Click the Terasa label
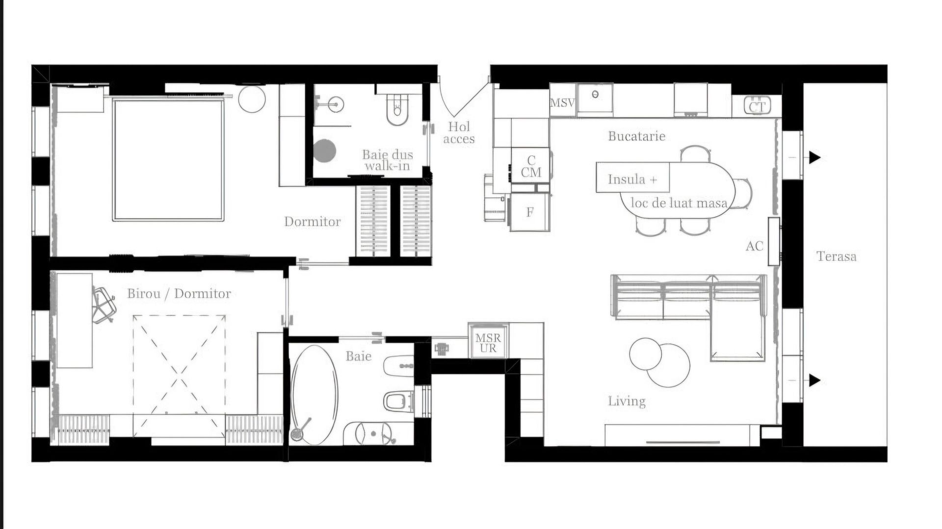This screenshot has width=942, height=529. click(x=836, y=256)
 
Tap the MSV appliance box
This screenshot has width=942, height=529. click(x=562, y=103)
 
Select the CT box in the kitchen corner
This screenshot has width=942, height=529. click(x=757, y=105)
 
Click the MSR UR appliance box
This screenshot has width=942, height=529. click(x=488, y=343)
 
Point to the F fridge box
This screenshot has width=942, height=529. click(x=530, y=212)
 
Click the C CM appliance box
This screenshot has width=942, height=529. click(x=530, y=166)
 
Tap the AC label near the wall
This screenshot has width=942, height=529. click(x=754, y=246)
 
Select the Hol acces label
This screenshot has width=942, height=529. click(x=459, y=133)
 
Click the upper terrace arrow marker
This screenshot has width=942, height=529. click(x=814, y=157)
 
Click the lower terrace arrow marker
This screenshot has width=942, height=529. click(x=814, y=380)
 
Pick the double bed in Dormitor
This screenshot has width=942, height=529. click(x=168, y=160)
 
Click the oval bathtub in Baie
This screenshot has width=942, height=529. click(x=314, y=395)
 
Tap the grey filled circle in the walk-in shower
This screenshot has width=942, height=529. click(x=325, y=151)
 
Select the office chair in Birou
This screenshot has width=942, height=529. click(x=104, y=305)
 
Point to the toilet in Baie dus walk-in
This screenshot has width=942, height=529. click(x=397, y=109)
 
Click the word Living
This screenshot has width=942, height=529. click(x=627, y=402)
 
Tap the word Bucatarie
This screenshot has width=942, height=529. click(x=636, y=136)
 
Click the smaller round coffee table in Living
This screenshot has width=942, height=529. click(x=645, y=354)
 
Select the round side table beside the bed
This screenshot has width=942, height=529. click(x=252, y=99)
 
